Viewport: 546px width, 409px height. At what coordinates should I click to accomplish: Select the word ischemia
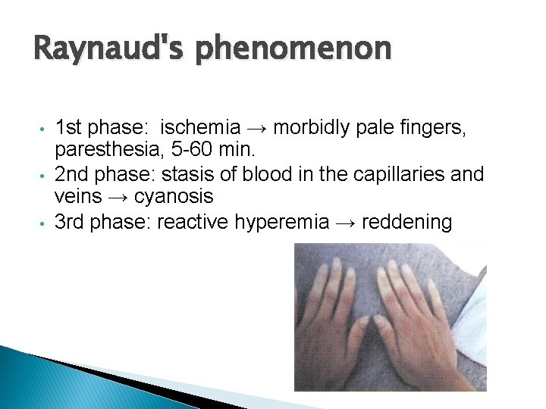tap(200, 127)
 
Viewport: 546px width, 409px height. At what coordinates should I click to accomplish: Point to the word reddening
tap(407, 222)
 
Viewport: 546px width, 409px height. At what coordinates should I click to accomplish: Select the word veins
tap(77, 197)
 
